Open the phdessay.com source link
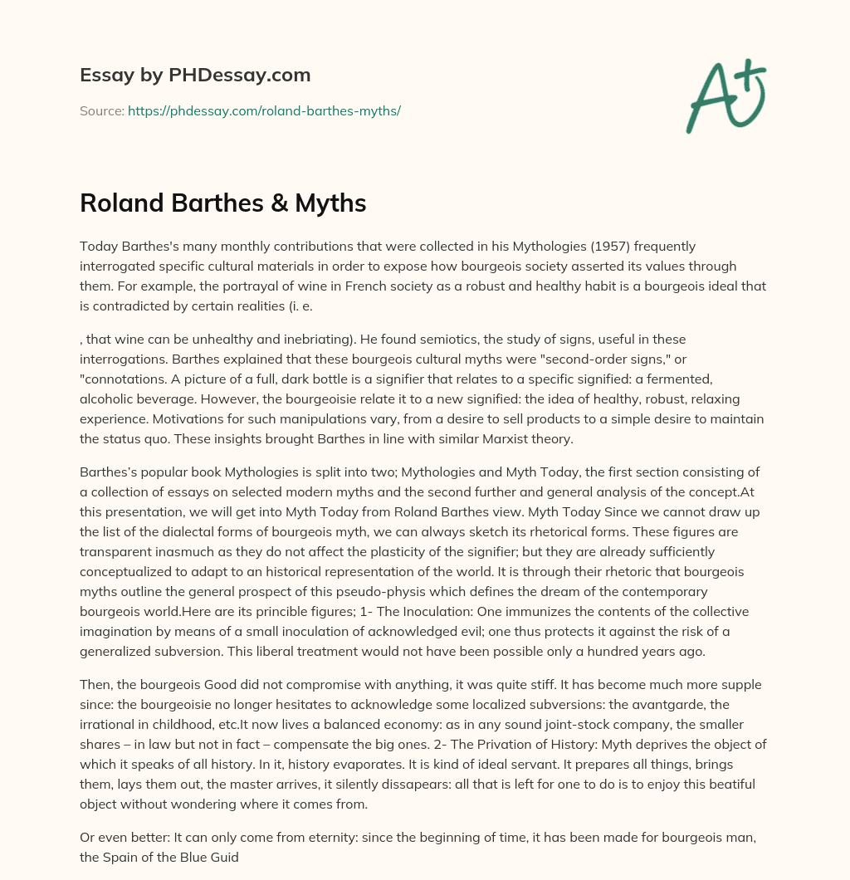click(264, 110)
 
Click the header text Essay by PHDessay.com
click(195, 76)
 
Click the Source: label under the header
click(101, 110)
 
